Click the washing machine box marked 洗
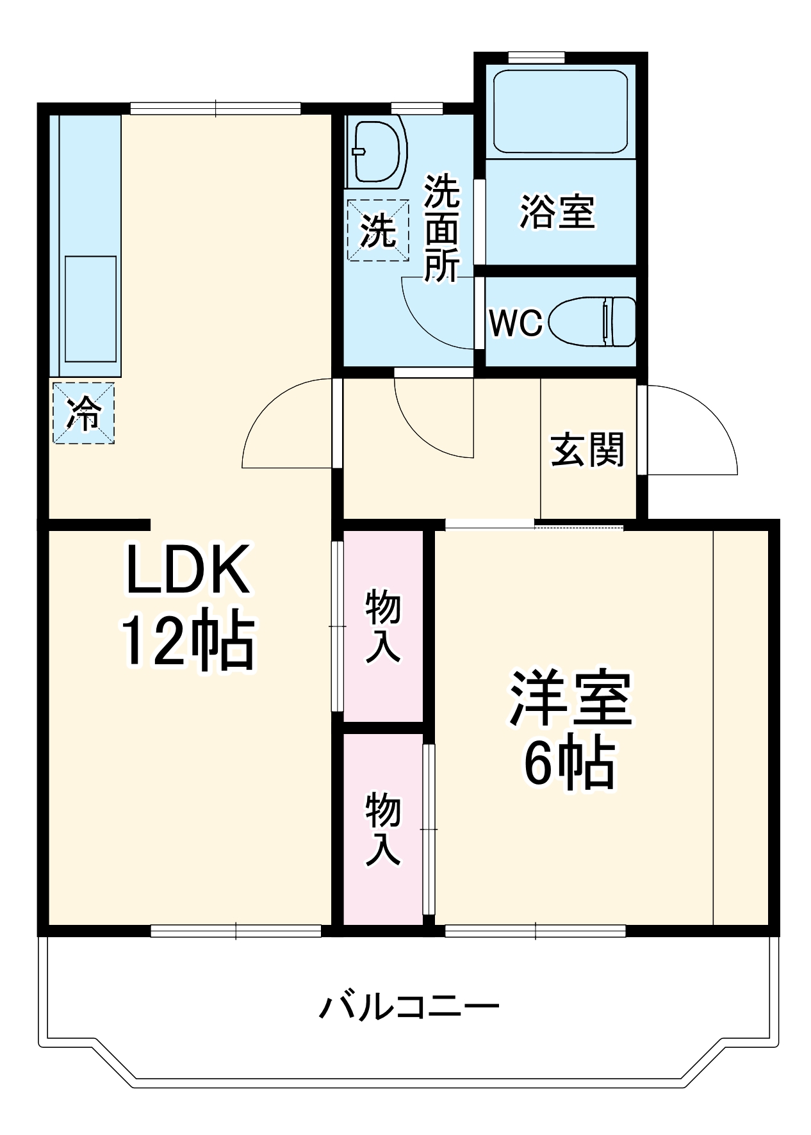tap(377, 230)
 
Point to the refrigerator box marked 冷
tap(83, 413)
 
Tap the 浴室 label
tap(557, 211)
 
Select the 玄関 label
tap(587, 450)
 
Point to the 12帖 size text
tap(188, 641)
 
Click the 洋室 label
tap(570, 698)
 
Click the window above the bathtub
tap(536, 57)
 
